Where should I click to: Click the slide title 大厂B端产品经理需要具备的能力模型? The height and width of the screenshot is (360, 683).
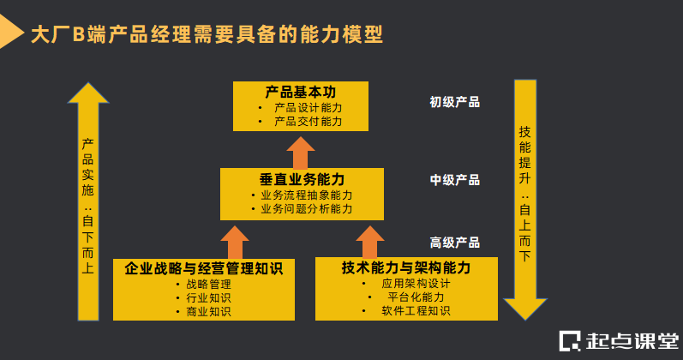tap(206, 34)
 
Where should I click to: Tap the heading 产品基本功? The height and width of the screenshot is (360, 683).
tap(300, 91)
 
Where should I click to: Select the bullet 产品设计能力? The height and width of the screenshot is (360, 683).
tap(308, 107)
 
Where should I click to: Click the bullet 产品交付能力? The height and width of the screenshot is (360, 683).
tap(308, 122)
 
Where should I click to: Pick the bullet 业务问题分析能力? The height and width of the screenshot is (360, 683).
tap(306, 208)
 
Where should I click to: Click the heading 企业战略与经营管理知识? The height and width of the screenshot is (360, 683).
tap(204, 268)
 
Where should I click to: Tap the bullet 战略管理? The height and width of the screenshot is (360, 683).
tap(208, 284)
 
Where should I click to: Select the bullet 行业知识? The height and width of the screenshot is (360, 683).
tap(208, 297)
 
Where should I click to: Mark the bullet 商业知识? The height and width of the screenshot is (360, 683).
tap(208, 311)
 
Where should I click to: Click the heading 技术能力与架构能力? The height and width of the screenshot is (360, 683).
tap(406, 267)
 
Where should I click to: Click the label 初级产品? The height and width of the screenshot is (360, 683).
tap(454, 102)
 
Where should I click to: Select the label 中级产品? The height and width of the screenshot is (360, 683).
tap(454, 180)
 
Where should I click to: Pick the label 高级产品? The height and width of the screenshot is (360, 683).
tap(454, 243)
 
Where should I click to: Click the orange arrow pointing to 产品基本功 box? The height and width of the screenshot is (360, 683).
tap(301, 151)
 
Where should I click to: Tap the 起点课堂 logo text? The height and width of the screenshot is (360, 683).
tap(630, 340)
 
